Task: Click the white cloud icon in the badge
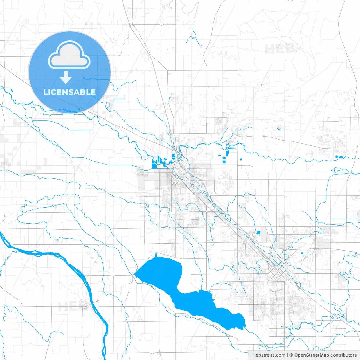pos(69,55)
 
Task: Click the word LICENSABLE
pos(69,92)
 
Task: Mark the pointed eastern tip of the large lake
pos(245,326)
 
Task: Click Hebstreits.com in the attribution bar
pos(269,355)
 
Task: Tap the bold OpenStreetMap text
pos(312,355)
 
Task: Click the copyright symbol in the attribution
pos(291,355)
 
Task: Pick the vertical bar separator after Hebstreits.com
pos(287,355)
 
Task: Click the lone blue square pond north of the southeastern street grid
pos(259,232)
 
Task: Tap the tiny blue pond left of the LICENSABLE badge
pos(12,91)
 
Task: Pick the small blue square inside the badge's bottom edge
pos(79,109)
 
